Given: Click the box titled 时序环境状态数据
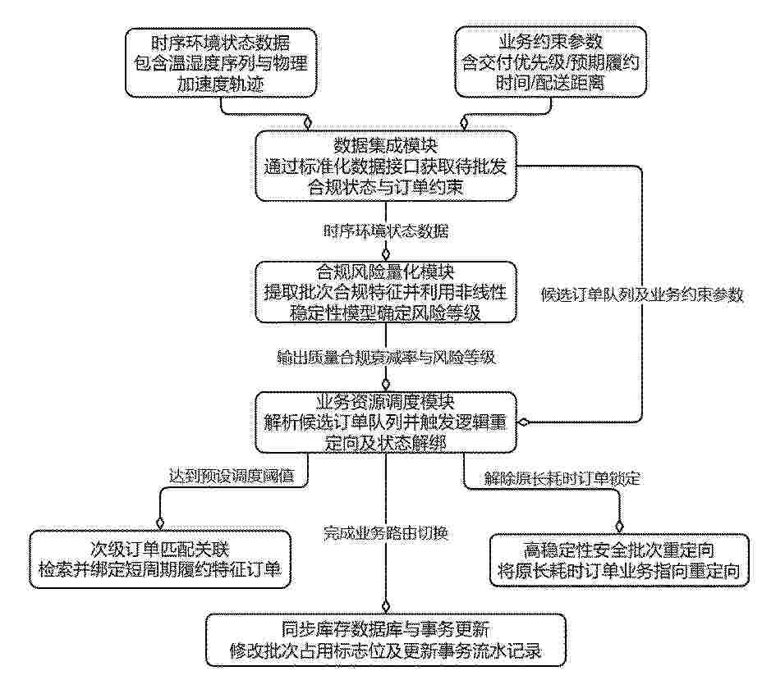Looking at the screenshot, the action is click(221, 62).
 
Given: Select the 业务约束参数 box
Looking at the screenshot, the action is click(551, 62).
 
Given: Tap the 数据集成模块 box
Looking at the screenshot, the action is click(386, 166).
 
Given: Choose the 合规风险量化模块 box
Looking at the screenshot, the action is click(386, 292).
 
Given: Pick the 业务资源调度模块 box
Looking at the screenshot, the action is click(386, 422).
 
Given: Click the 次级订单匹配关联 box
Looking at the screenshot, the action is click(160, 559).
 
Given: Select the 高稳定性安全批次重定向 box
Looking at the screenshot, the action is click(619, 559).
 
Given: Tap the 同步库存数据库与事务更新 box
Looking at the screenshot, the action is click(386, 640).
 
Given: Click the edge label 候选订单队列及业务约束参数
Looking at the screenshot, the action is click(642, 294).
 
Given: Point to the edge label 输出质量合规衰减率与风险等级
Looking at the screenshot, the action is click(386, 358).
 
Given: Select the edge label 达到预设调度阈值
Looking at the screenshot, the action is click(232, 475).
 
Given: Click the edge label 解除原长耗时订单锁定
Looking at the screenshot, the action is click(562, 479).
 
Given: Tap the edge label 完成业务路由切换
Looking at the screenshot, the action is click(386, 533).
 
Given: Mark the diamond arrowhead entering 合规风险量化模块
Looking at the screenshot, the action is click(386, 254).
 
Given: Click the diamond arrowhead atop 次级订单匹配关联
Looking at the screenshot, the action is click(160, 523).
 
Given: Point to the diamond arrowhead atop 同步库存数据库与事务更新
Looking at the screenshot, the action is click(386, 607).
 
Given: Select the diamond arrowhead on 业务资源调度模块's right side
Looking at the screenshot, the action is click(524, 422).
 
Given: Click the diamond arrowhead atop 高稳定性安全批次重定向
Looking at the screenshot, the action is click(619, 527).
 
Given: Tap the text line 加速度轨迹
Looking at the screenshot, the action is click(221, 84).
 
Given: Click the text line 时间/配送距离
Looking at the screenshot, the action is click(551, 83).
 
